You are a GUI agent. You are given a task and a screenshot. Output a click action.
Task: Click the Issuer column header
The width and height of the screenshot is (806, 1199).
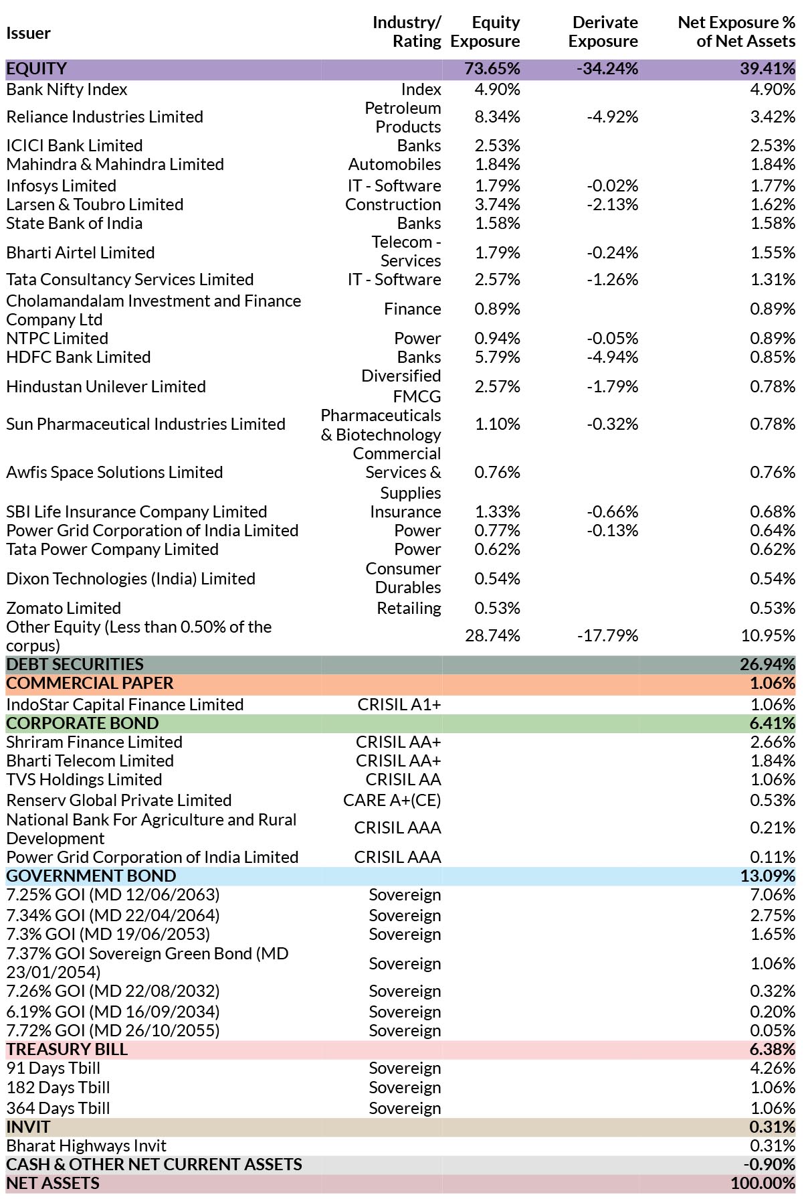pos(29,33)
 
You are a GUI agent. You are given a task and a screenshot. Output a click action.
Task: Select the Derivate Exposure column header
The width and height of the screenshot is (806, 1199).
pos(603,31)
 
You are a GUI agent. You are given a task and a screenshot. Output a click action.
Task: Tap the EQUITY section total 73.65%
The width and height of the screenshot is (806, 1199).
pos(492,69)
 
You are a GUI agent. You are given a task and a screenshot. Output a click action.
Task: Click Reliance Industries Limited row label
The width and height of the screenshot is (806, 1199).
pos(104,116)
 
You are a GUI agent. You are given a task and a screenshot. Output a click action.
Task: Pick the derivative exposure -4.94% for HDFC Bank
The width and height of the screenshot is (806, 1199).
pos(613,357)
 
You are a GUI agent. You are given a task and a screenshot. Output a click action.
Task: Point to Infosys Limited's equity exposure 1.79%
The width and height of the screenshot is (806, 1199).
pos(497,185)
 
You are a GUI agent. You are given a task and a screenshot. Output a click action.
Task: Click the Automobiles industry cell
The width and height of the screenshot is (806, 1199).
pos(395,164)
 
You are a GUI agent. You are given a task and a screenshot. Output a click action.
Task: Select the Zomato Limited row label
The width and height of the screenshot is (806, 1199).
pos(64,608)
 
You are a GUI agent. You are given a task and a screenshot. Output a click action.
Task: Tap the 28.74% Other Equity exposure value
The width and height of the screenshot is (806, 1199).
pos(492,635)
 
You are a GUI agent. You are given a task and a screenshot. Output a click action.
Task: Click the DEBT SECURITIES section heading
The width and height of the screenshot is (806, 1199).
pos(75,664)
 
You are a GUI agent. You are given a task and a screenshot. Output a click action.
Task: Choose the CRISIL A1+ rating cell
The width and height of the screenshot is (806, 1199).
pos(399,704)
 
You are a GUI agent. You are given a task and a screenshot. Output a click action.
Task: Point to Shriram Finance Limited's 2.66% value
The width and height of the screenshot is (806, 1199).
pos(773,742)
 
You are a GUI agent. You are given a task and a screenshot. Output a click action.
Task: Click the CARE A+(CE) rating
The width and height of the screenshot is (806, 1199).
pos(392,800)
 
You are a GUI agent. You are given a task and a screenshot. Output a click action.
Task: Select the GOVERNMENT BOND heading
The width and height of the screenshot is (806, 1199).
pos(91,876)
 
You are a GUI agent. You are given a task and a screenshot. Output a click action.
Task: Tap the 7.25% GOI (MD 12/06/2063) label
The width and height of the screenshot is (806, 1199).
pos(113,894)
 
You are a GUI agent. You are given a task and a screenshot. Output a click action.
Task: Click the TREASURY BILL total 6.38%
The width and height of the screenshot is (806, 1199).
pos(773,1049)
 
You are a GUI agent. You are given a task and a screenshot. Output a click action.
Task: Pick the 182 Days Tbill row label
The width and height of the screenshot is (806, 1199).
pos(58,1087)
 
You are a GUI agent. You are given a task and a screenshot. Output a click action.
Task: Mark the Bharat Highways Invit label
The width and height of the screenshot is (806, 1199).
pos(86,1145)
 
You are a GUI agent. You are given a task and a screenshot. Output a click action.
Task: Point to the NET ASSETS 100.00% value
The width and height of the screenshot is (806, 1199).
pos(763,1183)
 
